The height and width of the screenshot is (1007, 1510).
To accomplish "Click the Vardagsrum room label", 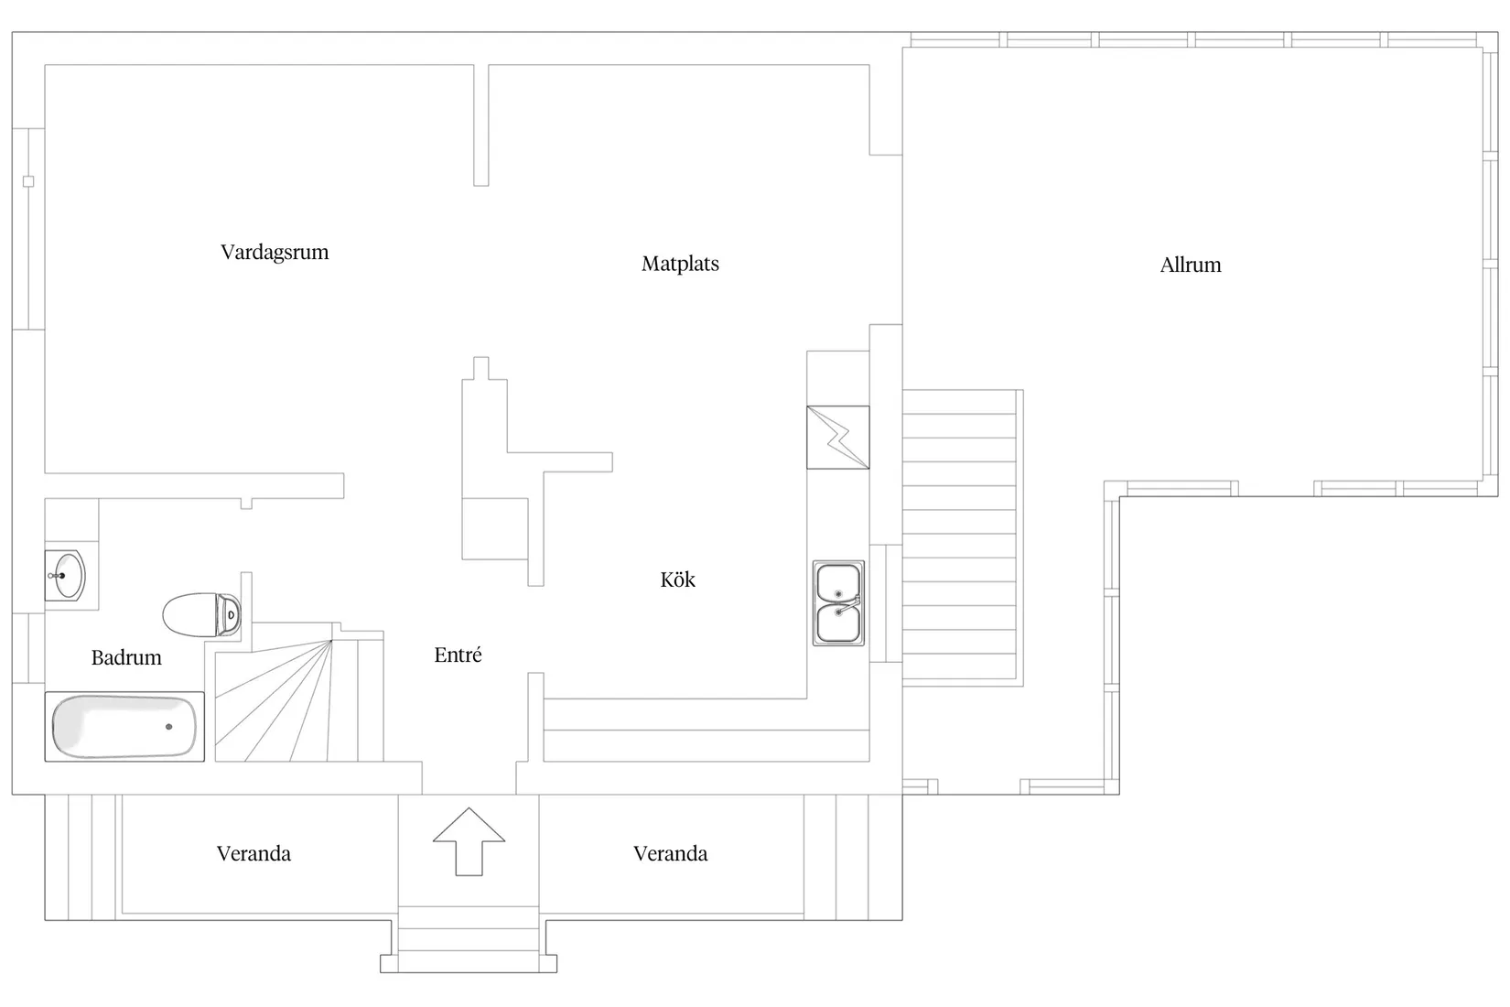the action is (275, 253).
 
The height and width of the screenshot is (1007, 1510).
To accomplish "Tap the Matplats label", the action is (680, 264).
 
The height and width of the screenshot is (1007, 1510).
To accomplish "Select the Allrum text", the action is (1191, 265).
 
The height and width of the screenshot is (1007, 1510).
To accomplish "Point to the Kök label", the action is (677, 579).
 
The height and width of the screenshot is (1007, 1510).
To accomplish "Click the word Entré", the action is (458, 655).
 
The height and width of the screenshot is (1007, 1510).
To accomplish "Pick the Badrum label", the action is (126, 657).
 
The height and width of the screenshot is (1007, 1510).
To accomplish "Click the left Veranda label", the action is (253, 854).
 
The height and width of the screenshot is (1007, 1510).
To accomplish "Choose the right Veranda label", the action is (670, 854).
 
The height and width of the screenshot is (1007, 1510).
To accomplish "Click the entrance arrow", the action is (469, 841).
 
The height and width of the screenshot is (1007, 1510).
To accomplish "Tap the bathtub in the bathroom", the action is (124, 727).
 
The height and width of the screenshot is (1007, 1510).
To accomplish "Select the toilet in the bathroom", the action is (201, 614).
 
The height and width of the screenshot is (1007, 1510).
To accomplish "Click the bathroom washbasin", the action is (65, 575).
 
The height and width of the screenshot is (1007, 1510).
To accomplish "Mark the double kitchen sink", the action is (838, 603).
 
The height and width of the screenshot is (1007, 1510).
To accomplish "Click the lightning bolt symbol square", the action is (838, 437).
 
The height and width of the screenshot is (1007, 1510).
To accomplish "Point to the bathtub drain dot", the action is (168, 727).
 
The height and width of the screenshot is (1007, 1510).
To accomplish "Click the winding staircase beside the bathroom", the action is (298, 700).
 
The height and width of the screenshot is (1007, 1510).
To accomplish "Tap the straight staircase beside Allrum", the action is (963, 537).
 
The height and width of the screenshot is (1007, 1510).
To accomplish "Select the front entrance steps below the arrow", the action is (469, 939).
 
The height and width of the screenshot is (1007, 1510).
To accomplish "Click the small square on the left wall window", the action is (28, 181).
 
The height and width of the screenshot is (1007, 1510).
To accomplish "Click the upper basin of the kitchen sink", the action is (838, 583).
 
